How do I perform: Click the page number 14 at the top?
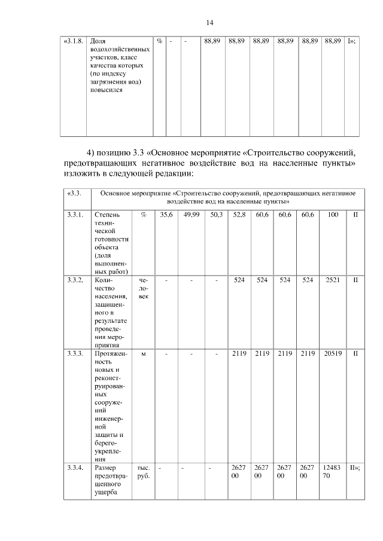click(209, 23)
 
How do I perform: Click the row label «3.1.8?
click(74, 42)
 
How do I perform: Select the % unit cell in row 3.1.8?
click(160, 42)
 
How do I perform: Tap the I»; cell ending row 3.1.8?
click(352, 42)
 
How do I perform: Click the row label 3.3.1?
click(75, 214)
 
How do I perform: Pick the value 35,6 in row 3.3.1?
click(166, 214)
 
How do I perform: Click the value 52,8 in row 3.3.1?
click(239, 214)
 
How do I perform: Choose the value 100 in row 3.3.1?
click(333, 214)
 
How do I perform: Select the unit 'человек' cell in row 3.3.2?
click(143, 288)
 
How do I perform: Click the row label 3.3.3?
click(75, 354)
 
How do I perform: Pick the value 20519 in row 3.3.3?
click(333, 354)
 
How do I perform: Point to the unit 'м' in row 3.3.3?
click(143, 354)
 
